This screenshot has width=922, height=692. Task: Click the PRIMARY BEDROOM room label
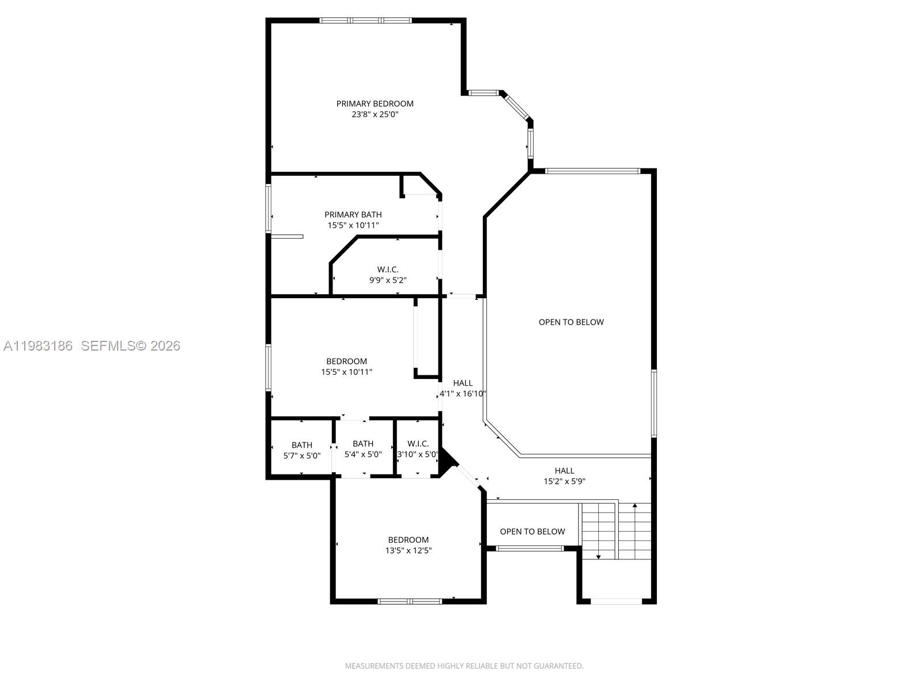[375, 104]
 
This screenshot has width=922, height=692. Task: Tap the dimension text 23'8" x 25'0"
[375, 115]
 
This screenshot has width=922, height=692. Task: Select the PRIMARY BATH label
[353, 215]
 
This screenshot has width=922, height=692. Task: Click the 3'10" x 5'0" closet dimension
[418, 454]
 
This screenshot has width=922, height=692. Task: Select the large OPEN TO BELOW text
[571, 322]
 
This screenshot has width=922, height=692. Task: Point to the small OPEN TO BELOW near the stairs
[532, 532]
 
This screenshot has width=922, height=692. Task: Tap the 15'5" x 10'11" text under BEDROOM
[346, 373]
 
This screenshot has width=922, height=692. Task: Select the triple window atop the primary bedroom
[365, 21]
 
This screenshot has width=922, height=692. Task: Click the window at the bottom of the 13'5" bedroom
[409, 601]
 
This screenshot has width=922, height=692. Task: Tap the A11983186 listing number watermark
[38, 346]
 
